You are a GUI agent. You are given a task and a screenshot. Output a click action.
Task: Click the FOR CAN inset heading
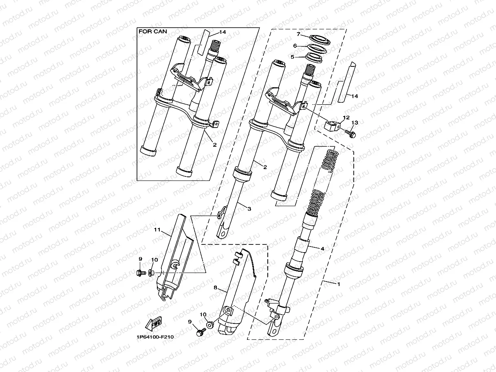153,31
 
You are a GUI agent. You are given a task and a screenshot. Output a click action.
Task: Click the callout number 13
355,123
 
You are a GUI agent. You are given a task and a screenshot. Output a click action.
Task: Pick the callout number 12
346,117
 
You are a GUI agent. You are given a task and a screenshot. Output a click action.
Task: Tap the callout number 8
215,288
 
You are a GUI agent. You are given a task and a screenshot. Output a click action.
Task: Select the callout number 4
322,248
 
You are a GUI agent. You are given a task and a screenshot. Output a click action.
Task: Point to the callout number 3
249,208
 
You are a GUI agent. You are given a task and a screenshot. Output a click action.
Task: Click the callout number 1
337,284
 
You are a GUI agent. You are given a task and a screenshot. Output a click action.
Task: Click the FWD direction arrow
154,323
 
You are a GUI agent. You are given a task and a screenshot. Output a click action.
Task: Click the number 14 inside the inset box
222,32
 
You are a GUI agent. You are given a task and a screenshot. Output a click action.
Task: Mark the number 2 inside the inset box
214,144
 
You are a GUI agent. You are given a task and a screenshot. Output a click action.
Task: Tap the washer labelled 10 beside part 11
152,272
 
